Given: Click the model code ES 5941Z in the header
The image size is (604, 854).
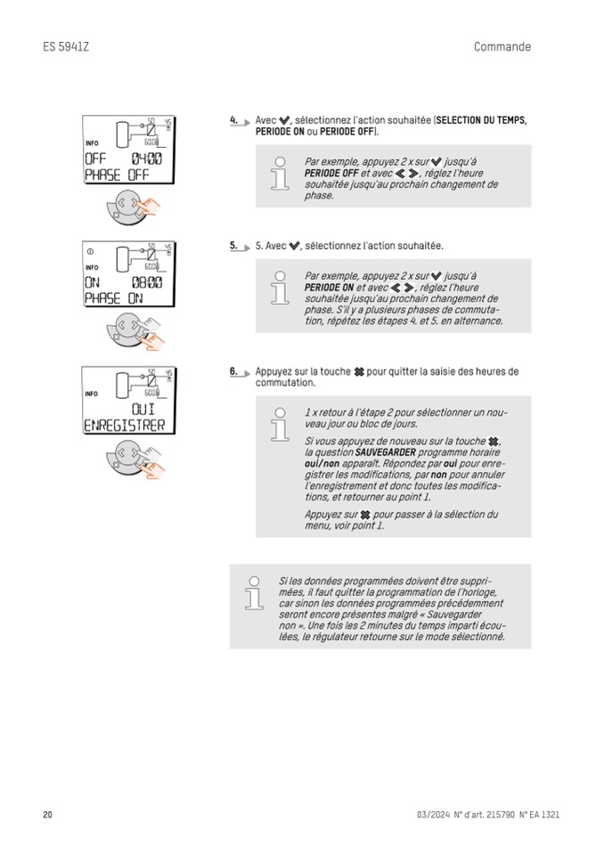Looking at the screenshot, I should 66,47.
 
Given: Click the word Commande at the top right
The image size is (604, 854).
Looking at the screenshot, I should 502,47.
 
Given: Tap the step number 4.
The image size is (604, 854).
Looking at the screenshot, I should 233,119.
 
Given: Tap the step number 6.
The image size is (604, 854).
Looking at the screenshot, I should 233,371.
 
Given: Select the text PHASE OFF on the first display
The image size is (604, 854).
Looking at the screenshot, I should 116,175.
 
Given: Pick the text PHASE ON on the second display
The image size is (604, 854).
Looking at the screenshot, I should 113,299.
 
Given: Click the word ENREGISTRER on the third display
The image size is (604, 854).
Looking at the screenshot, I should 124,426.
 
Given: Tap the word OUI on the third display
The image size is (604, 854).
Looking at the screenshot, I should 142,409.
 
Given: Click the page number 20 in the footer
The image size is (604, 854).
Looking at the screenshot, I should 48,815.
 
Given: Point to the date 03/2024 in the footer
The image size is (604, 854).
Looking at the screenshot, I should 432,815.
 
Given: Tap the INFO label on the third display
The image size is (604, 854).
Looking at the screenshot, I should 93,393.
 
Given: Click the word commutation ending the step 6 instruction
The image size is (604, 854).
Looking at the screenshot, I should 285,383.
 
